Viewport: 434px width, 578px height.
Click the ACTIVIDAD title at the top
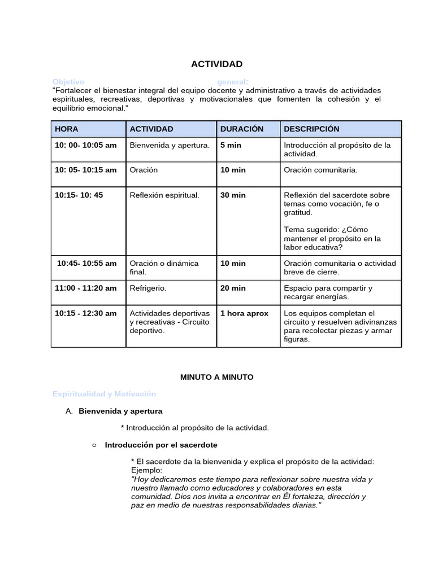(216, 64)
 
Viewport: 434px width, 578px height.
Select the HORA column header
(67, 129)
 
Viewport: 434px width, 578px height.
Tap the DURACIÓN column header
(242, 129)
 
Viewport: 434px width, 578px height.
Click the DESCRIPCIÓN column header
(311, 129)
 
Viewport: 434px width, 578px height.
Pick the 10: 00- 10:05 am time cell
(86, 145)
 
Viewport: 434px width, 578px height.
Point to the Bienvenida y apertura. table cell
(170, 145)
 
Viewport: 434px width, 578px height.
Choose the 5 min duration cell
(231, 145)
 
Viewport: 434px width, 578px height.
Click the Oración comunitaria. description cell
(320, 170)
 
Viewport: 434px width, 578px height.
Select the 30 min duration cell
(233, 195)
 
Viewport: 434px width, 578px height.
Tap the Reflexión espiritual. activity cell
(164, 195)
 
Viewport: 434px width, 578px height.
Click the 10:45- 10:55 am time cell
(87, 263)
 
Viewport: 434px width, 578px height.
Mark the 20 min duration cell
(233, 288)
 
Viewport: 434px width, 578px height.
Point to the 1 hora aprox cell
(244, 313)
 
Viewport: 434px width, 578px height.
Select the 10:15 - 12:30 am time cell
(86, 313)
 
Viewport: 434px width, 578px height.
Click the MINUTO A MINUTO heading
(217, 376)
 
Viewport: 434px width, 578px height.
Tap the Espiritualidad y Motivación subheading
(104, 393)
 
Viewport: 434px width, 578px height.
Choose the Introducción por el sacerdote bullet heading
(161, 445)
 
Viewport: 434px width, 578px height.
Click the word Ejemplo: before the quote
(146, 470)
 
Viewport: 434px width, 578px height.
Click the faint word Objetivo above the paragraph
(68, 82)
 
